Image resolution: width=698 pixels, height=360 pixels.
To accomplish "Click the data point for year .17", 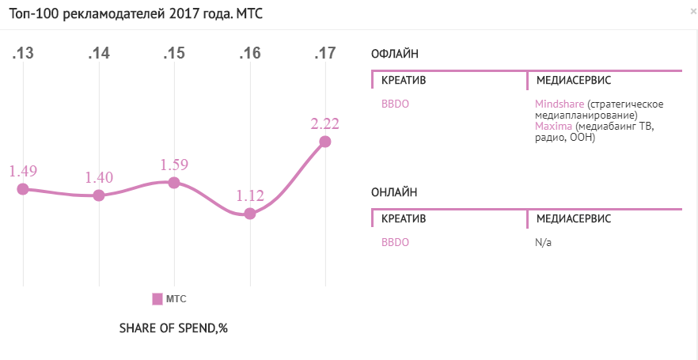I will tap(324, 142).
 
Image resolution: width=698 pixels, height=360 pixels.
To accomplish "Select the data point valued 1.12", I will tap(250, 214).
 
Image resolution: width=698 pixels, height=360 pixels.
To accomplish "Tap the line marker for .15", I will tap(175, 183).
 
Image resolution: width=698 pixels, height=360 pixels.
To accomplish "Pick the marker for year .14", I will tap(99, 195).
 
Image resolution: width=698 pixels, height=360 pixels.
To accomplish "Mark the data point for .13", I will tap(23, 188).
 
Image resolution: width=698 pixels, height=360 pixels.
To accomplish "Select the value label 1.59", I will tap(175, 165).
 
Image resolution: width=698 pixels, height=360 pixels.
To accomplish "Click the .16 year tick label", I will tap(250, 54).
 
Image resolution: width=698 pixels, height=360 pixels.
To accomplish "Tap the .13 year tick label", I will tap(23, 54).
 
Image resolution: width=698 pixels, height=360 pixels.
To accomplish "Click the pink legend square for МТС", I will tap(157, 299).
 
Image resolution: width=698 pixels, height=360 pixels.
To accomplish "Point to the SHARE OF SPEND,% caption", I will tap(173, 328).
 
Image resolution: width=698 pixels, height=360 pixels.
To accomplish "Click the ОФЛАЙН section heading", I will tap(395, 54).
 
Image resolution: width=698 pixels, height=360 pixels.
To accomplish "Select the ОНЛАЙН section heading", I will tap(394, 191).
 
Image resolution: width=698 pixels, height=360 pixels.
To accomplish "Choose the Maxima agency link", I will tap(552, 126).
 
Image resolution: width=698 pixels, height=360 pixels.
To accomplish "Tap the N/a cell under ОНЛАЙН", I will tap(543, 242).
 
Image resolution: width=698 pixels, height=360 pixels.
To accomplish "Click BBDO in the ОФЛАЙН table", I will tap(395, 104).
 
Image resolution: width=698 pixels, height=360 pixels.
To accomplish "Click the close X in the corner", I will tap(692, 12).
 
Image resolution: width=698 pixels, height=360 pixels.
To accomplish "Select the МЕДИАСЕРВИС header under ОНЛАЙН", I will tap(573, 218).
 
